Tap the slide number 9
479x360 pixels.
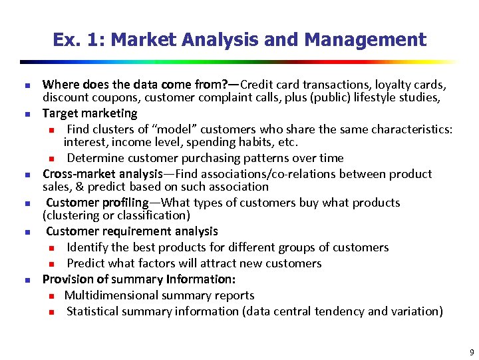point(471,352)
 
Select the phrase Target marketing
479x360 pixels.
point(90,113)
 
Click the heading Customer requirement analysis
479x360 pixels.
point(132,231)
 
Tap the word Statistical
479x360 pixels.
point(94,311)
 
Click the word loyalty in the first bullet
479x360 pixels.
point(391,85)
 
